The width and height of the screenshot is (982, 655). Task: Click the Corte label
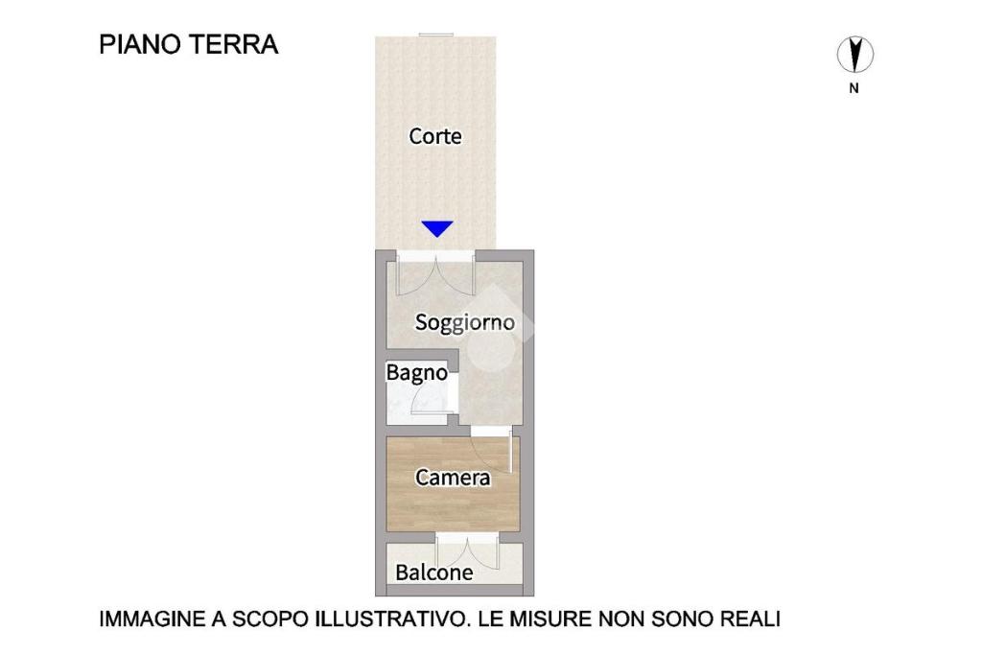click(435, 136)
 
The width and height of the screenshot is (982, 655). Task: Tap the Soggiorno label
click(465, 322)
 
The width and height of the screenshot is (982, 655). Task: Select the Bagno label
click(416, 373)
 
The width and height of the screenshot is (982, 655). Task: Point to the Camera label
click(453, 478)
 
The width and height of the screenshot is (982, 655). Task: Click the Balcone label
click(434, 573)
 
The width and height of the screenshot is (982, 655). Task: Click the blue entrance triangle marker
click(437, 229)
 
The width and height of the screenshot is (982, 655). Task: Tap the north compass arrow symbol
click(854, 54)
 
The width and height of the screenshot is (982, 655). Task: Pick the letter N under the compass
click(853, 88)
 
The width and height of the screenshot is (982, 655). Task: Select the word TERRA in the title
click(234, 44)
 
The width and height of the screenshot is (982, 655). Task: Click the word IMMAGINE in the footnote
click(152, 619)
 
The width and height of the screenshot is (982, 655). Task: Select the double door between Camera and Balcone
click(467, 551)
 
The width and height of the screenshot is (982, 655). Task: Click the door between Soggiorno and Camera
click(492, 449)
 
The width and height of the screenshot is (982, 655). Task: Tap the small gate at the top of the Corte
click(436, 35)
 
